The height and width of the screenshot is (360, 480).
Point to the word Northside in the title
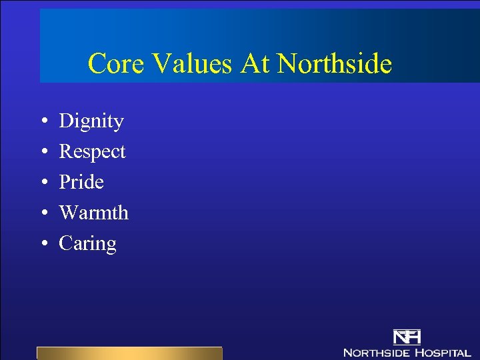(x=334, y=64)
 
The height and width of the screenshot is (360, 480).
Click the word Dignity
(x=91, y=122)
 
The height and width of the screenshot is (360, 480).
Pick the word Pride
(x=81, y=182)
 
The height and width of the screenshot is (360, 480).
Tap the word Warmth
(x=93, y=213)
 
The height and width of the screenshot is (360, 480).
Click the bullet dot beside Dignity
(x=43, y=122)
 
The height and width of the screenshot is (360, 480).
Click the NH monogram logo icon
(x=407, y=337)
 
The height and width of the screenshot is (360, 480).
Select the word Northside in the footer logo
(x=376, y=352)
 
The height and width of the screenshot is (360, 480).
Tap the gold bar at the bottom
(x=129, y=353)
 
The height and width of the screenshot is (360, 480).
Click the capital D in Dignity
(x=66, y=121)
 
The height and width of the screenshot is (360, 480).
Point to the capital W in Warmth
(x=68, y=213)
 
